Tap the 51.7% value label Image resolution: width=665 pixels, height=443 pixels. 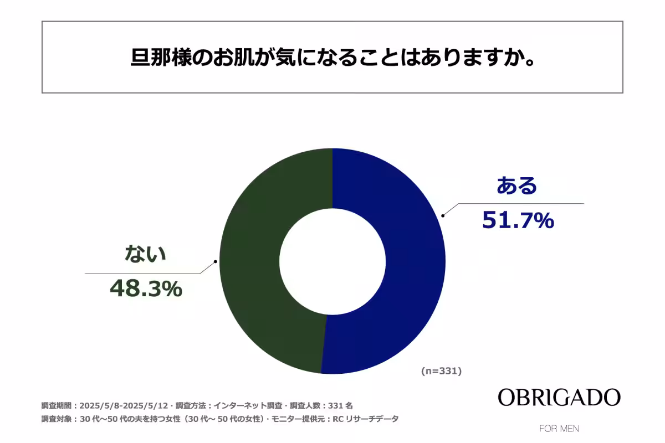(518, 220)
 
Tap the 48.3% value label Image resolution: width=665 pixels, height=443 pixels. (146, 288)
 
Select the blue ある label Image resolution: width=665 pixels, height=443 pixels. (516, 186)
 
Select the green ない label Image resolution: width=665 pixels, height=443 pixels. (145, 254)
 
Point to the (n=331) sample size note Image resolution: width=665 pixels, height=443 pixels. (441, 371)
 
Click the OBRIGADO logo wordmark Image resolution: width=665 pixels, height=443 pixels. (559, 397)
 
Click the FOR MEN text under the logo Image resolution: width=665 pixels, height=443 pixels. (559, 429)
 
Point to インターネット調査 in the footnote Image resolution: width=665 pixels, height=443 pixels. (244, 405)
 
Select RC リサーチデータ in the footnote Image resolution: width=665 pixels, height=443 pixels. (365, 419)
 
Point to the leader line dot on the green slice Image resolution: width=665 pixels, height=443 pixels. (215, 261)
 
